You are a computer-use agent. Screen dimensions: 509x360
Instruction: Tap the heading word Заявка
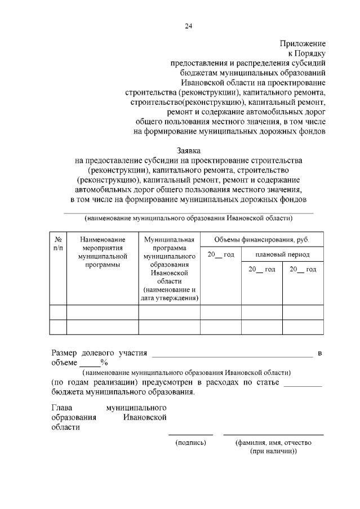188,151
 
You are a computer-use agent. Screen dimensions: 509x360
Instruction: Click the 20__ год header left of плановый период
220,254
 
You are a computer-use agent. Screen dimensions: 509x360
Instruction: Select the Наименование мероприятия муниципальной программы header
102,252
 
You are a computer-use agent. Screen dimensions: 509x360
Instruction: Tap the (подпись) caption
191,443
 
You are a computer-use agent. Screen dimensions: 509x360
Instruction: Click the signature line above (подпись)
190,435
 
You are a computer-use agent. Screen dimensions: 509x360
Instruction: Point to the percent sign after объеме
104,362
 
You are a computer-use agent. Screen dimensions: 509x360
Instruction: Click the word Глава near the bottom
63,407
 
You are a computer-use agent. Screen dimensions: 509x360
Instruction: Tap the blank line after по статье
303,386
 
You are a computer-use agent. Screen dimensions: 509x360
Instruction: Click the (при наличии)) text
273,452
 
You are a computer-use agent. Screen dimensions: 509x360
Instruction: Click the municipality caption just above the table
188,218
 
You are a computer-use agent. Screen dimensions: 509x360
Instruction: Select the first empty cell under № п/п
58,311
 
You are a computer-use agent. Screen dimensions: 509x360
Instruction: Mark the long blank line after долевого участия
232,356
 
